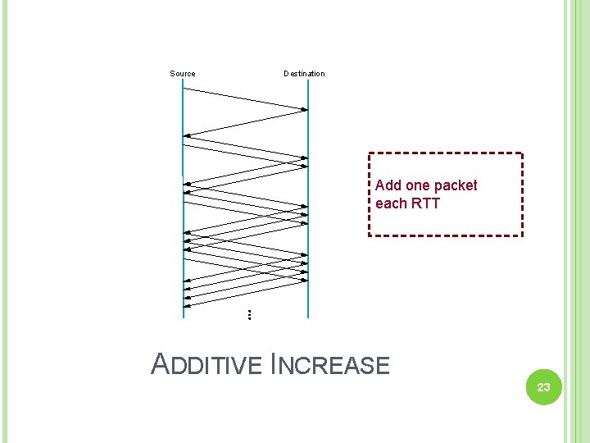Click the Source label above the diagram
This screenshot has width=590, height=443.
coord(183,74)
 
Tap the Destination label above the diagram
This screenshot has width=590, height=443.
coord(304,74)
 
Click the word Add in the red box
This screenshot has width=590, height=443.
coord(388,185)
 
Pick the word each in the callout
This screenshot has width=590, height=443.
coord(390,203)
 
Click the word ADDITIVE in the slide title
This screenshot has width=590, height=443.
coord(208,364)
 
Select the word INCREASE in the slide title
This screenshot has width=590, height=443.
coord(329,364)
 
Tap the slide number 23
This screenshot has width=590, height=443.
coord(543,387)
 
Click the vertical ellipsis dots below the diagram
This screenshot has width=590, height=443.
coord(248,314)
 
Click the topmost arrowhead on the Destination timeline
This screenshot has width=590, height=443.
coord(304,109)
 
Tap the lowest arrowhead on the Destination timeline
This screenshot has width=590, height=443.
coord(304,280)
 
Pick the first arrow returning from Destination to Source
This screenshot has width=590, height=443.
coord(246,122)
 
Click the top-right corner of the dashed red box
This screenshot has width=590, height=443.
coord(522,153)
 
